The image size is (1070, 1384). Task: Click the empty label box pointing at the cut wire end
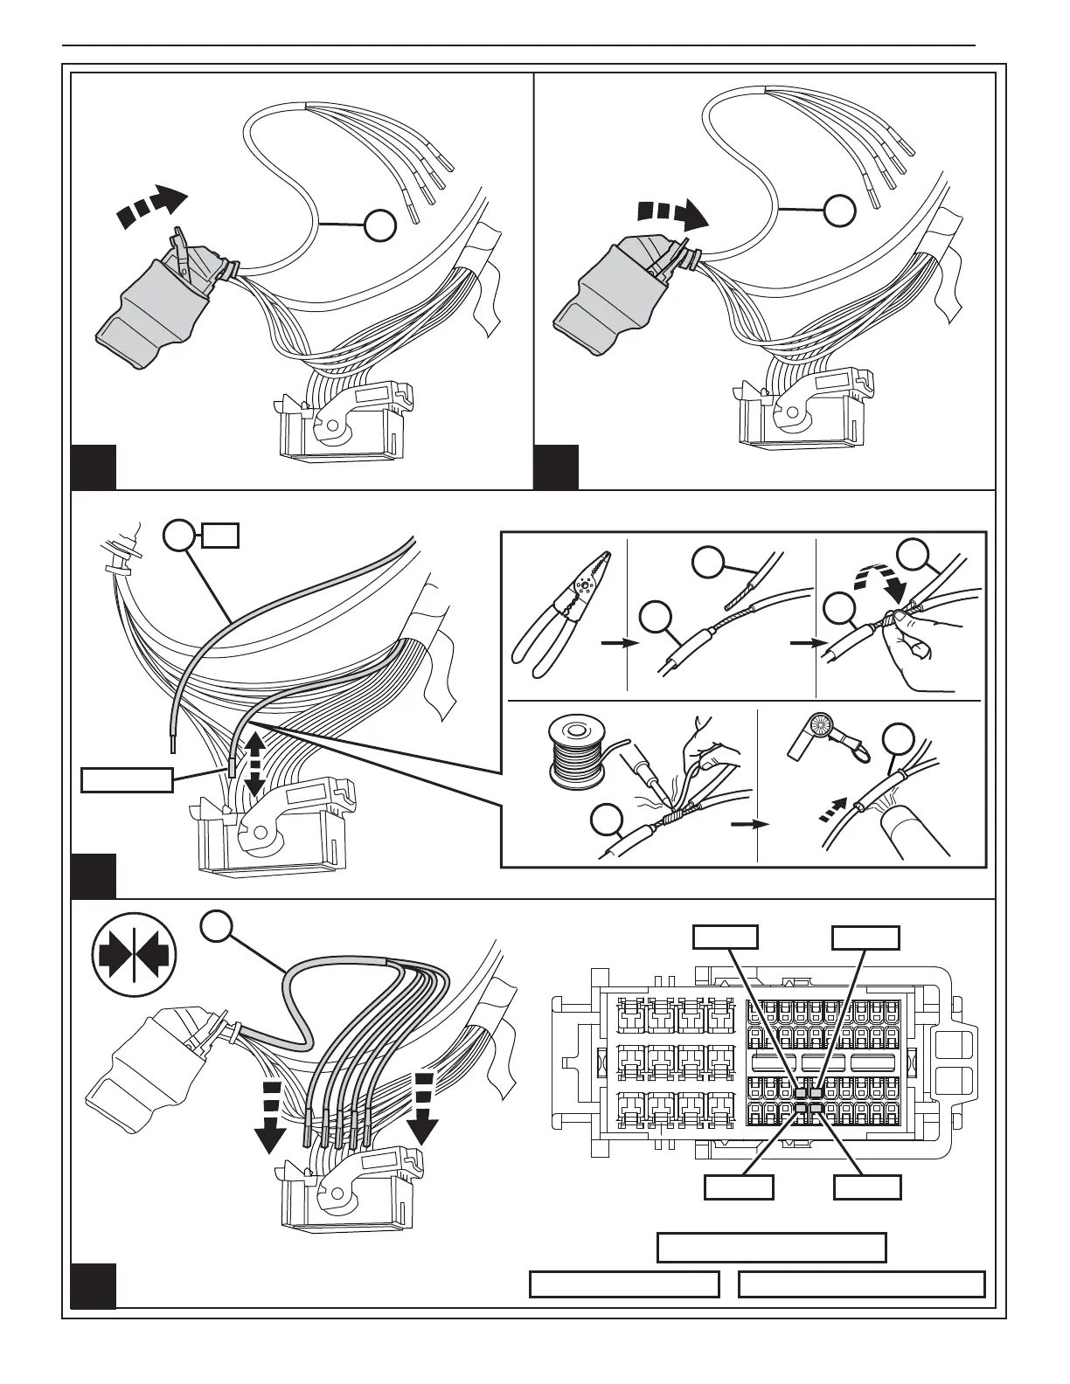pos(126,778)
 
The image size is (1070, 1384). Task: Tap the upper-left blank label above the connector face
pos(725,938)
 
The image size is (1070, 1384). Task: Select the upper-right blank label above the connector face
pos(865,938)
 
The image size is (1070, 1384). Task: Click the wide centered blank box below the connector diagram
pos(771,1247)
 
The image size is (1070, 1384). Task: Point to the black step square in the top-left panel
pos(94,467)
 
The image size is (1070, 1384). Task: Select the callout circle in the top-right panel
pos(840,210)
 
